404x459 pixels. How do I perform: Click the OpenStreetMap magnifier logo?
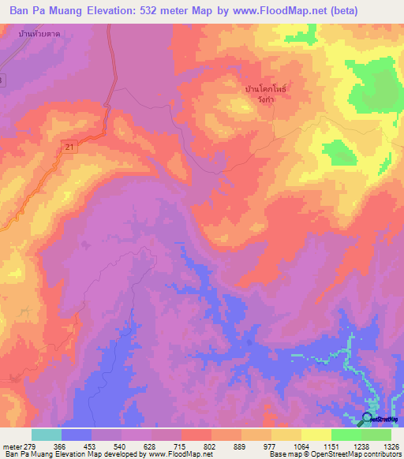point(368,420)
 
